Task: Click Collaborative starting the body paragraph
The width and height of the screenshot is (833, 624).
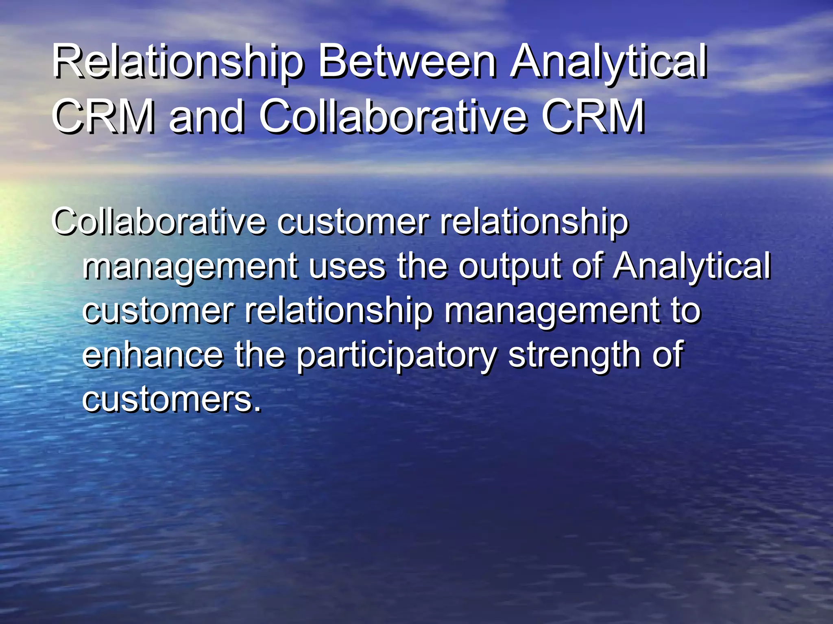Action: click(x=159, y=222)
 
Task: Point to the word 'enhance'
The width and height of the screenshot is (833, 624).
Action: click(x=153, y=355)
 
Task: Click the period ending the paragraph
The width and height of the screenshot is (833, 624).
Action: click(x=257, y=408)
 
